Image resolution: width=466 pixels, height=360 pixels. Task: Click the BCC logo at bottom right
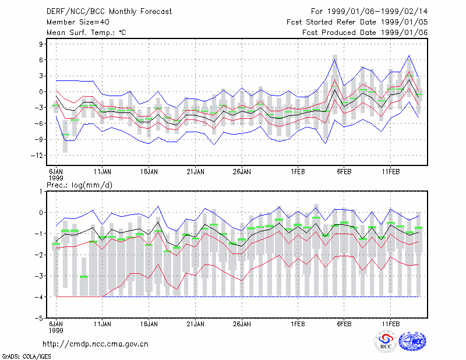click(386, 342)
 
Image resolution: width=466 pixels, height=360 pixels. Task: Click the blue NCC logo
click(412, 341)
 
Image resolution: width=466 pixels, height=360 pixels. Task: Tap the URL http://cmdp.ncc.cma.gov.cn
click(96, 344)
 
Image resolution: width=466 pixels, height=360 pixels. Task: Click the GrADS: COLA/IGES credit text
click(26, 357)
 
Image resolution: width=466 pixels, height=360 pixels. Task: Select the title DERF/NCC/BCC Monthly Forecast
click(109, 12)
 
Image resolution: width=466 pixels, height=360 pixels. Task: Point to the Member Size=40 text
click(78, 22)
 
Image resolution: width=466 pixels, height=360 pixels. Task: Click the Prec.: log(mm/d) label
click(79, 185)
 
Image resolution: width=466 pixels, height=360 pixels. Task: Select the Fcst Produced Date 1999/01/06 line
click(365, 33)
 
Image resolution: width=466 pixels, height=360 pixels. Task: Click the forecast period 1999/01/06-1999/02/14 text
click(369, 12)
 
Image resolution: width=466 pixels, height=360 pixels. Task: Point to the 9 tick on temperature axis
click(41, 44)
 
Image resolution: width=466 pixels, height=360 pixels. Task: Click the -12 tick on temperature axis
click(37, 156)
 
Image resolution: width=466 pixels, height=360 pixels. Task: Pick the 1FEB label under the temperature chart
click(298, 172)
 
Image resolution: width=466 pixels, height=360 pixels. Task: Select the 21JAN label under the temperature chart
click(195, 172)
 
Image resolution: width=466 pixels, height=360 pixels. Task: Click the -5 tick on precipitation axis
click(39, 318)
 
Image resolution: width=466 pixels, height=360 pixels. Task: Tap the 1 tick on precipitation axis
click(41, 192)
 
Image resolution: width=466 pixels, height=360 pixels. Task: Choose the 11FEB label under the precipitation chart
click(390, 324)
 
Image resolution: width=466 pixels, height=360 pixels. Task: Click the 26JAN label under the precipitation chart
click(242, 324)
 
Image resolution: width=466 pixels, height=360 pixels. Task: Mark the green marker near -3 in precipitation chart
click(84, 277)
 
